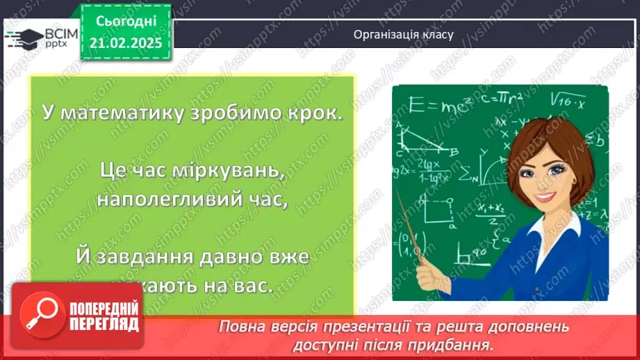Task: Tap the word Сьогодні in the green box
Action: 126,22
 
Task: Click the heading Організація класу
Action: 403,34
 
